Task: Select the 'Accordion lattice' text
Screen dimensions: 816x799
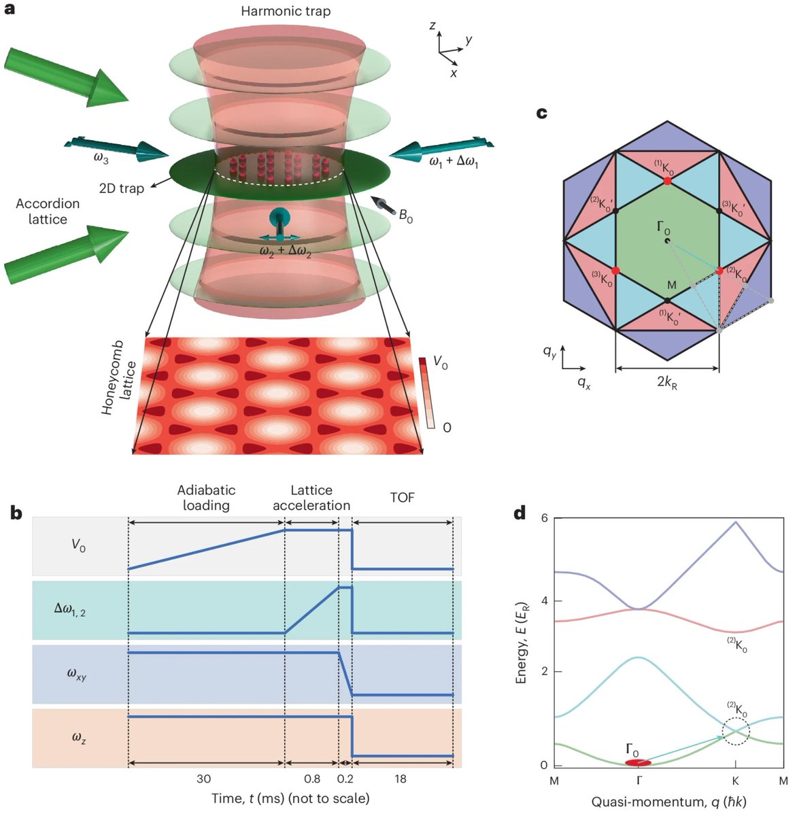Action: tap(48, 211)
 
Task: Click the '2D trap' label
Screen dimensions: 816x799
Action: tap(122, 188)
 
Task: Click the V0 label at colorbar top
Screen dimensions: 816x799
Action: tap(441, 364)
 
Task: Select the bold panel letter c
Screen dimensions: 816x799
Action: tap(542, 113)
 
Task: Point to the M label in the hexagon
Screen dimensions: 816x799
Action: tap(671, 286)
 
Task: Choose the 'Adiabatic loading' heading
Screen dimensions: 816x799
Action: tap(206, 497)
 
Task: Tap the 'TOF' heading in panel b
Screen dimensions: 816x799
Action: tap(402, 498)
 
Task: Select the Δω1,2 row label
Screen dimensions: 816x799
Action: tap(71, 609)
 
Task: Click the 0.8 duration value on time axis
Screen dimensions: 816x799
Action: tap(312, 779)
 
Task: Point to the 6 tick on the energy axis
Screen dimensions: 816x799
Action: tap(543, 519)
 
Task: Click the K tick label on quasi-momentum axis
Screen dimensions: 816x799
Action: tap(735, 781)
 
